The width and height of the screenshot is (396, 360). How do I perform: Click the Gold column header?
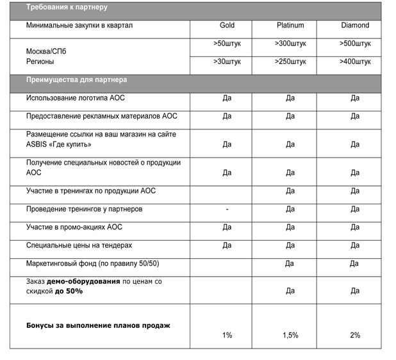[227, 26]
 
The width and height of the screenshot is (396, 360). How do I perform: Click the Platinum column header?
[290, 26]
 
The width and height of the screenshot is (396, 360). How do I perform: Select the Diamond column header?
[355, 26]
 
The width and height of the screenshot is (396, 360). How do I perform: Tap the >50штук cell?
[227, 44]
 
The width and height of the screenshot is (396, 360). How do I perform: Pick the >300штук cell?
[290, 44]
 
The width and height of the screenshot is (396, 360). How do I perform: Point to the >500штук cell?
[355, 44]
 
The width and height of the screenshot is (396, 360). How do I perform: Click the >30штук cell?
[227, 62]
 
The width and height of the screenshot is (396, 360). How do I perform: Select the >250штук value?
[290, 62]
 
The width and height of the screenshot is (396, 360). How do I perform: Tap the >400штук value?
[355, 62]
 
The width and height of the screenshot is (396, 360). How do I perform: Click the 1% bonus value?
[227, 335]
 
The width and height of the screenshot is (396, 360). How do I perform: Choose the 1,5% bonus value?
[290, 335]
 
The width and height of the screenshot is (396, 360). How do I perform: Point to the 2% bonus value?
[355, 335]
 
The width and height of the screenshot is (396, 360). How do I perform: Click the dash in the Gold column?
[227, 209]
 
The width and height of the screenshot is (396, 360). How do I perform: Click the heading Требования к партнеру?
[67, 8]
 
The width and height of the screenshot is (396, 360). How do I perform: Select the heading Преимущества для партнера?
[76, 80]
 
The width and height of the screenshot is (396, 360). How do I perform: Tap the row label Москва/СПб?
[46, 51]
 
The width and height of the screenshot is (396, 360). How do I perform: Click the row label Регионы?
[40, 61]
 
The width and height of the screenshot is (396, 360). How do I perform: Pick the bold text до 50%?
[69, 291]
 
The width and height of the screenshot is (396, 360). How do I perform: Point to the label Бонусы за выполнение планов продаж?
[97, 325]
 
